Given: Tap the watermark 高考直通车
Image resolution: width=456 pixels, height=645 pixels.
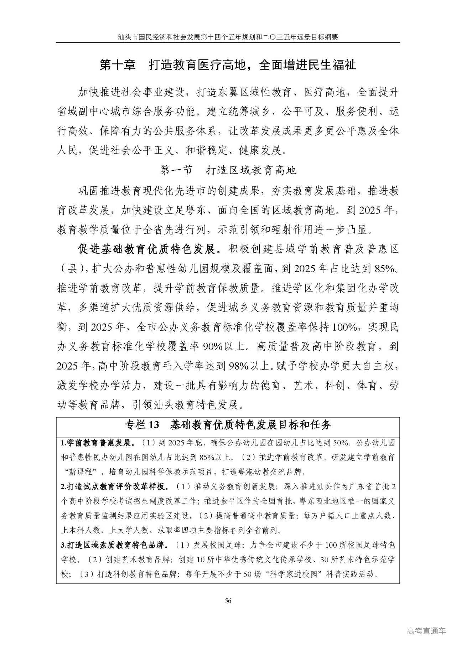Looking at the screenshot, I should pos(426,631).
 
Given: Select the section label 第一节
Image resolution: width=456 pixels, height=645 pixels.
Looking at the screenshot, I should pos(176,170).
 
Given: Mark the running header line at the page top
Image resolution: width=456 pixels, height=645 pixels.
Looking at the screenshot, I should pos(228,37).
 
